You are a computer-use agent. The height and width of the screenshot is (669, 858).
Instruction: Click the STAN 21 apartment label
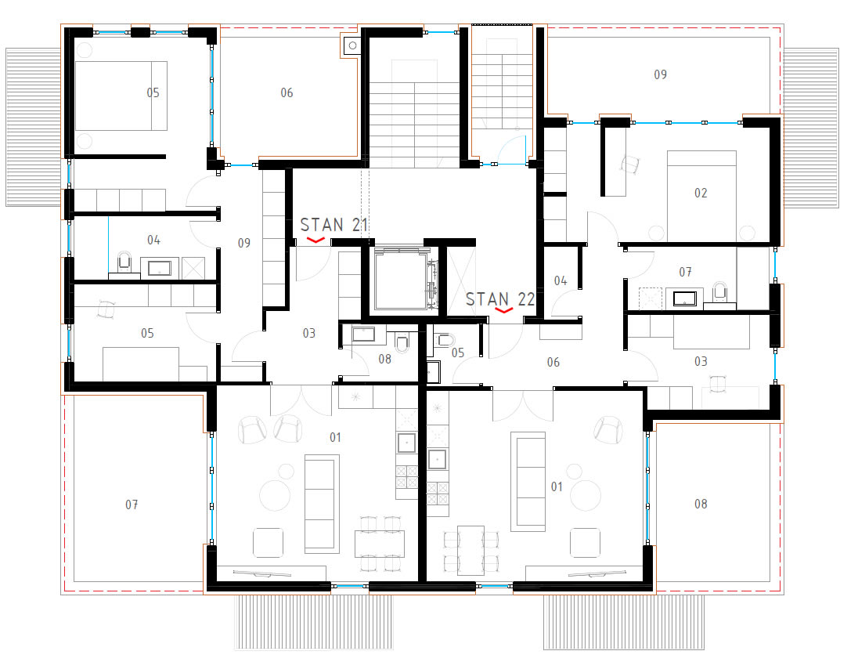click(333, 225)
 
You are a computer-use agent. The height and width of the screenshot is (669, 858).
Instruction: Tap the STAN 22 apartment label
click(499, 299)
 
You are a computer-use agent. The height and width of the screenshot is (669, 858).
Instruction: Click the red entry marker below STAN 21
click(315, 240)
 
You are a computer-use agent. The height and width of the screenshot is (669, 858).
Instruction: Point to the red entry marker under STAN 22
click(503, 310)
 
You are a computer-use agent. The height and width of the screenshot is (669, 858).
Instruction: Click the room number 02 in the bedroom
click(701, 193)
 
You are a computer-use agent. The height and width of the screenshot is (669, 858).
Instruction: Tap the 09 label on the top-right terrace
click(661, 74)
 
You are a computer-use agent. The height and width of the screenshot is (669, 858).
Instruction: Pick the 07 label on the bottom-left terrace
click(132, 504)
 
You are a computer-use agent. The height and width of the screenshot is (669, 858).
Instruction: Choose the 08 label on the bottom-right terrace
click(701, 504)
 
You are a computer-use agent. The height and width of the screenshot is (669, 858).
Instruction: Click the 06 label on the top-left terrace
click(287, 93)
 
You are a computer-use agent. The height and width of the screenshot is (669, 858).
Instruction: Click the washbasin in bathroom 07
click(684, 298)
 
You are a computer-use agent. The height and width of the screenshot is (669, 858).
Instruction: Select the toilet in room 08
click(402, 342)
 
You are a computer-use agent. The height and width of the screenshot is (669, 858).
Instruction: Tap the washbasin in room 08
click(363, 334)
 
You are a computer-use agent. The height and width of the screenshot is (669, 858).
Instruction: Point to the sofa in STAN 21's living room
click(319, 501)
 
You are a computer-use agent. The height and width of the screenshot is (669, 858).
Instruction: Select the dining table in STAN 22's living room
click(470, 550)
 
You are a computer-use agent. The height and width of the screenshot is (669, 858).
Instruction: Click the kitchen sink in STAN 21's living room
click(406, 443)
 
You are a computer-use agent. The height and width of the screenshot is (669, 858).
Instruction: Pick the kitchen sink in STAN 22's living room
click(437, 459)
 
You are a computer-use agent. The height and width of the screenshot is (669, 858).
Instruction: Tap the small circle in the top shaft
click(353, 46)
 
